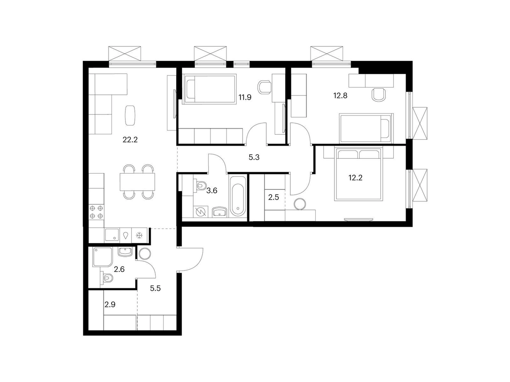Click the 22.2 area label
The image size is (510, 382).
tap(130, 140)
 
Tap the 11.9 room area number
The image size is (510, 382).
tap(245, 97)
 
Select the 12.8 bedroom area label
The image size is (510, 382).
tap(341, 95)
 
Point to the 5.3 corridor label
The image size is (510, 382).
tap(254, 157)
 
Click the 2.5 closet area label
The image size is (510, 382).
tap(273, 197)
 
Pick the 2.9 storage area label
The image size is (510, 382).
tap(110, 304)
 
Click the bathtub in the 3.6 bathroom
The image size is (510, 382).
tap(237, 197)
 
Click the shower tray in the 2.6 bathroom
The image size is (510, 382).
tap(102, 257)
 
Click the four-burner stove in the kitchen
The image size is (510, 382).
tap(96, 212)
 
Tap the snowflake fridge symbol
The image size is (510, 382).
tap(139, 236)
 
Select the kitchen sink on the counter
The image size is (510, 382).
tap(112, 235)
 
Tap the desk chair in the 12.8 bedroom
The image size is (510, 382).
tap(379, 95)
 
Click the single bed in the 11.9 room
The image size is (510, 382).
tap(210, 89)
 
